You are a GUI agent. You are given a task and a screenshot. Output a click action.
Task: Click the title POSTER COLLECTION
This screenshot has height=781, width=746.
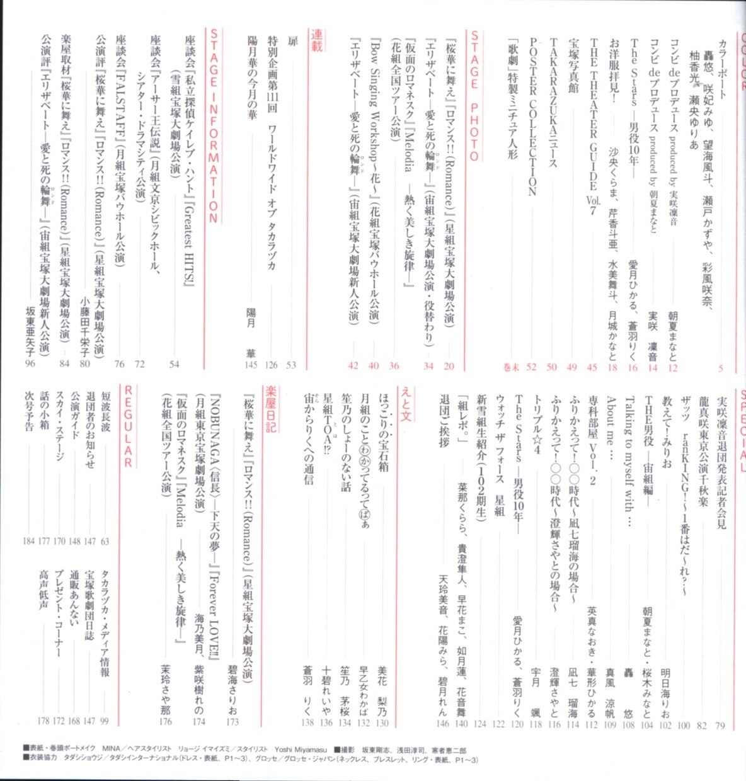pyautogui.click(x=531, y=113)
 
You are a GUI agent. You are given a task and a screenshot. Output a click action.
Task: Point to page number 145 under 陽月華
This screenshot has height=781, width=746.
pyautogui.click(x=252, y=365)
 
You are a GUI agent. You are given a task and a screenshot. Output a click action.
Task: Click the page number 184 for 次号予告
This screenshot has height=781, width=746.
pyautogui.click(x=29, y=541)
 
